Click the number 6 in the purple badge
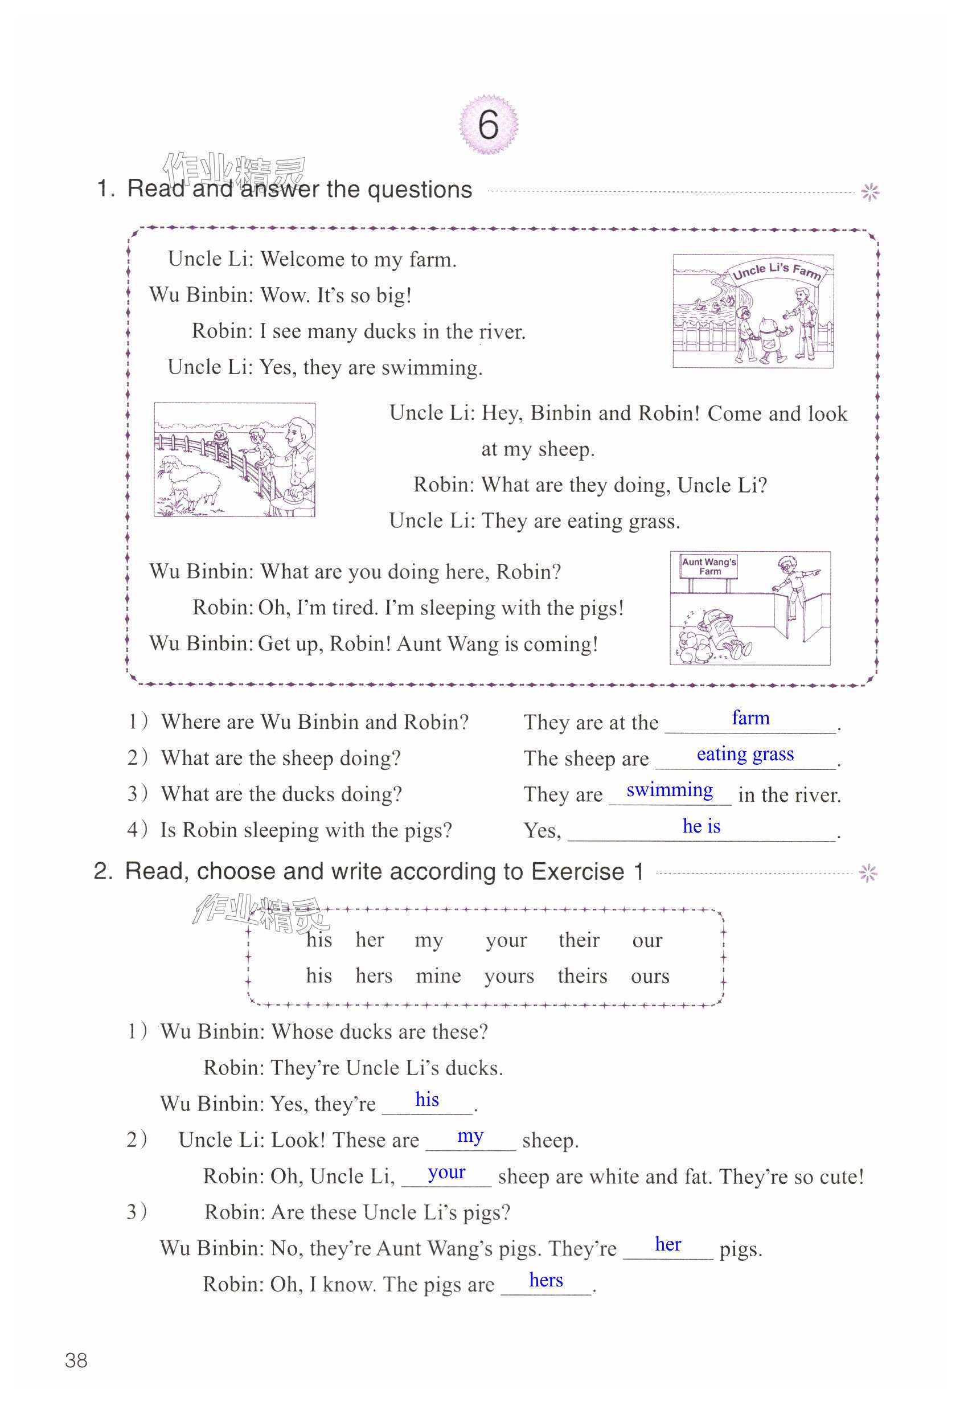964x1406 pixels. [488, 125]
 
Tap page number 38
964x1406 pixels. [76, 1360]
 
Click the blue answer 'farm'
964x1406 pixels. [750, 718]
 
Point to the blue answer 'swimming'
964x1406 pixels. [669, 790]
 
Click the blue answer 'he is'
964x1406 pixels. [701, 826]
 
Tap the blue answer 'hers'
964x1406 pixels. [545, 1280]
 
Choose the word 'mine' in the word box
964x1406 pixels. [438, 976]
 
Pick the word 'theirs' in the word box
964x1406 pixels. [582, 976]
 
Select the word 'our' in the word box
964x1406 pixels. [647, 940]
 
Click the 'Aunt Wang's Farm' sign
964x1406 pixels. [709, 566]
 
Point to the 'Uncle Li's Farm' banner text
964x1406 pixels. [777, 271]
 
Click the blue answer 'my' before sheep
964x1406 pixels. [470, 1136]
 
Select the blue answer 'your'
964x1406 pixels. [446, 1173]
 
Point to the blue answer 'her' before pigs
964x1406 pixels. [668, 1244]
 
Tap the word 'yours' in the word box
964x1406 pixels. [508, 976]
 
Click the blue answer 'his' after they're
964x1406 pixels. [426, 1099]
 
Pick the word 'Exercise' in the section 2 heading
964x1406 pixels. [577, 872]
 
